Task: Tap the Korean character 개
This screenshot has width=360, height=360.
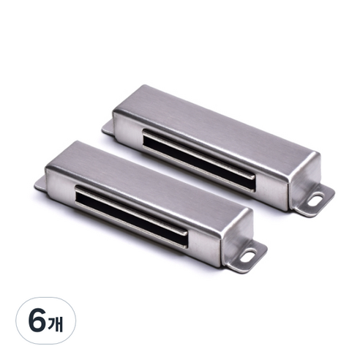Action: click(56, 324)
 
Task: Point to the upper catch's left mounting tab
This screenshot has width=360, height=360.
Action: click(108, 128)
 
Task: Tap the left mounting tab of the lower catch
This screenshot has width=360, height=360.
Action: click(40, 184)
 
